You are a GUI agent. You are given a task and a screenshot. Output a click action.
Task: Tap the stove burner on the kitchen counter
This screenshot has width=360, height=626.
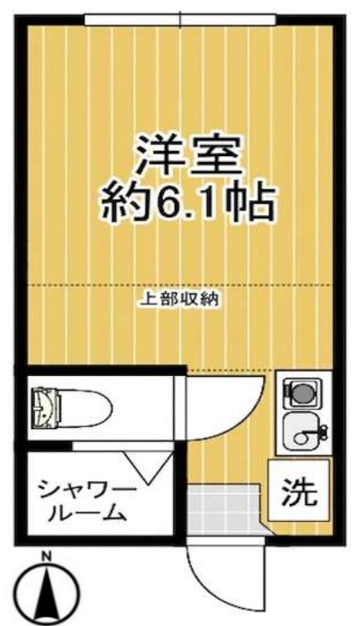(x=300, y=393)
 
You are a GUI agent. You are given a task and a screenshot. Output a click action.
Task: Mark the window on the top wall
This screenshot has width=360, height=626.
(x=180, y=18)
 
